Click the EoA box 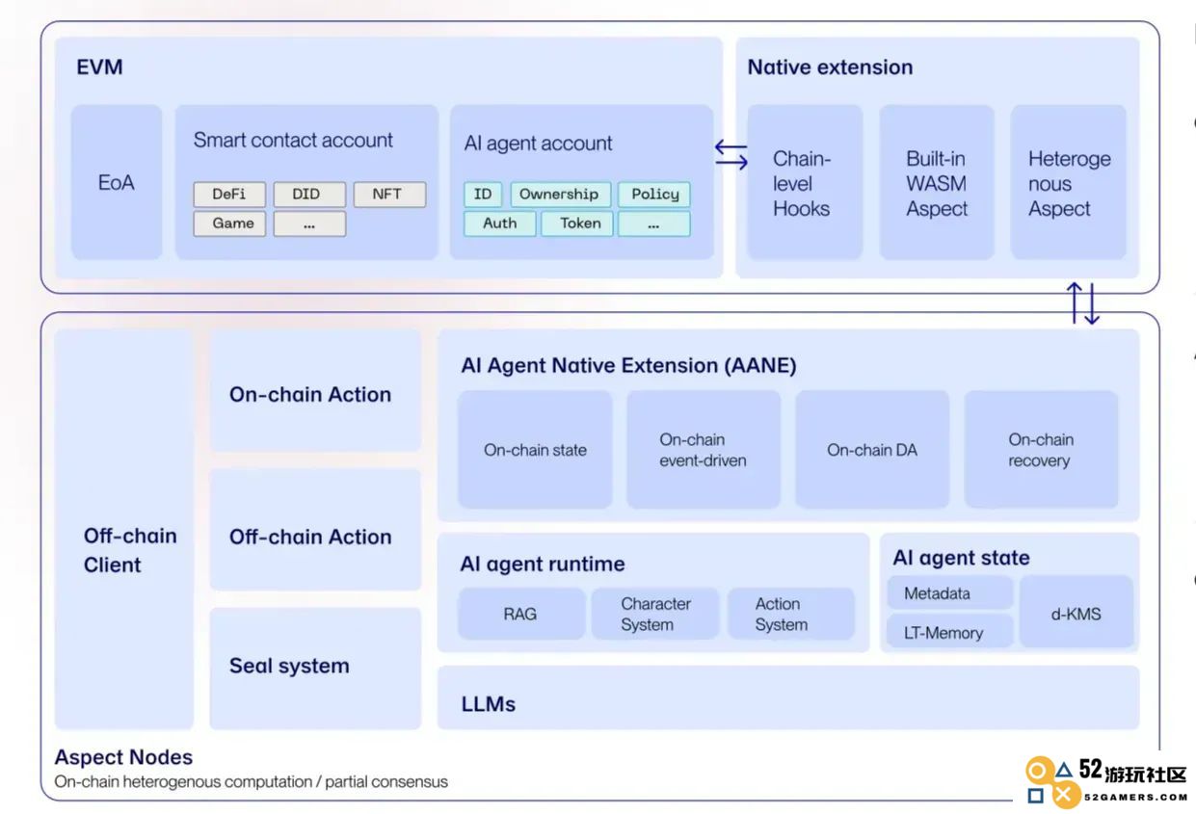(x=117, y=182)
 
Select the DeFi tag (x=229, y=194)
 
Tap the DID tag (x=309, y=194)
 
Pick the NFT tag (x=389, y=194)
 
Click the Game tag (x=229, y=223)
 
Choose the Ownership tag (x=560, y=194)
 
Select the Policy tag (x=654, y=194)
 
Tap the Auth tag (x=500, y=223)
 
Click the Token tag (x=577, y=223)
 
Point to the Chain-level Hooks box (x=805, y=182)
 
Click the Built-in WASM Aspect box (x=937, y=182)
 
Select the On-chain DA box (x=872, y=450)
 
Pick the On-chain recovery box (x=1041, y=450)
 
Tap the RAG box (x=521, y=614)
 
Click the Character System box (x=655, y=614)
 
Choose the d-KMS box (x=1076, y=612)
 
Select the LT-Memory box (x=950, y=631)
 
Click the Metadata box (x=950, y=592)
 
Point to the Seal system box (x=315, y=669)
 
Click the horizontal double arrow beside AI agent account (x=731, y=154)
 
